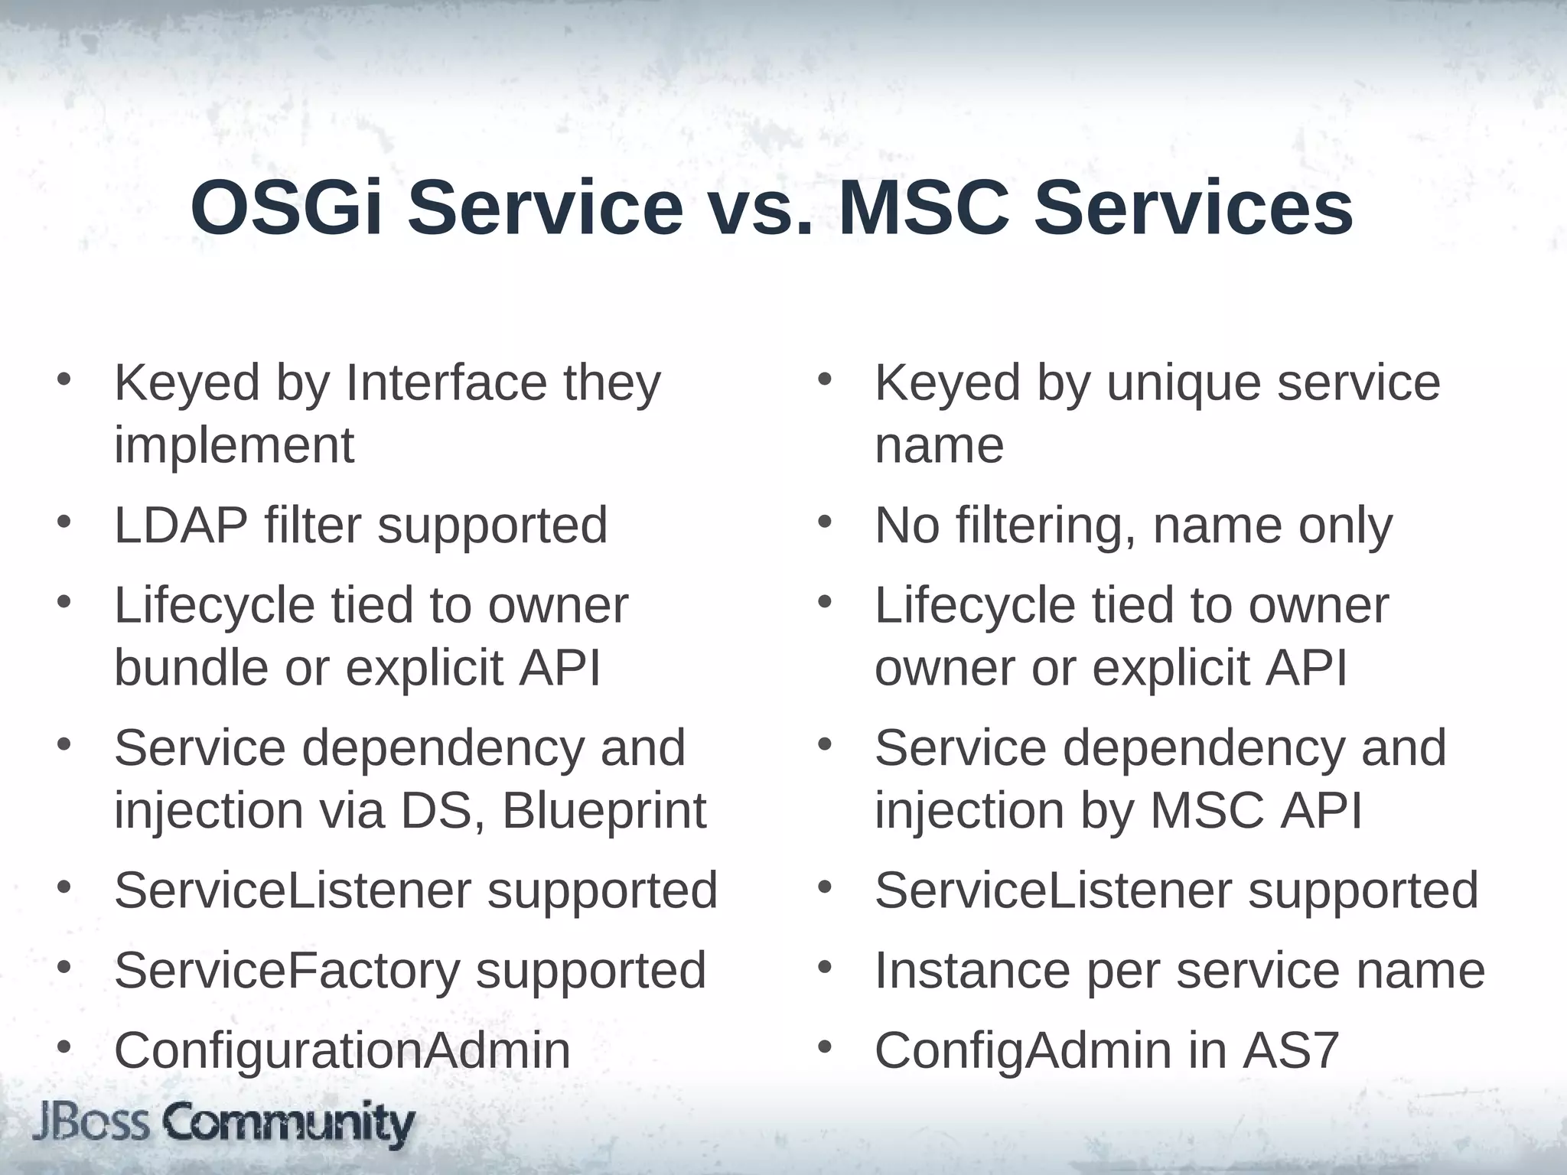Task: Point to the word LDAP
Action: pos(181,526)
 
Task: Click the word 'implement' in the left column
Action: pos(234,445)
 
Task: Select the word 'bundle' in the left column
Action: pos(191,668)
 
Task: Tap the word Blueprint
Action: pos(604,811)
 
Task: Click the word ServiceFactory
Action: pos(288,970)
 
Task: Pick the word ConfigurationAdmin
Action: pos(342,1050)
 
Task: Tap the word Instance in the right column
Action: pos(972,970)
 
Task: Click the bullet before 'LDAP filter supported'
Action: pos(64,522)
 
